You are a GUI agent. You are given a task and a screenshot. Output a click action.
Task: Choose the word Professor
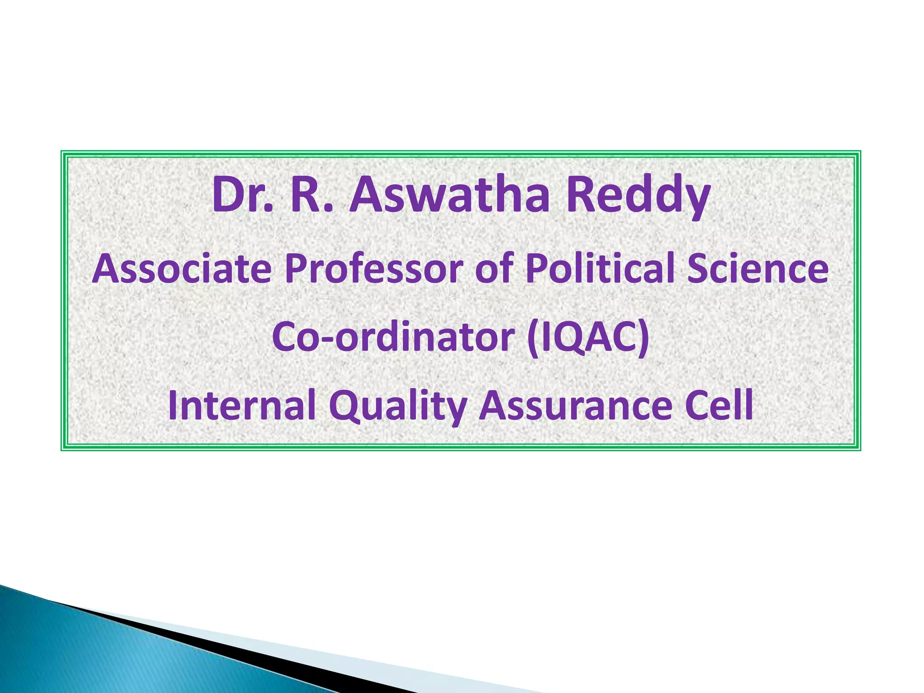374,269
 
